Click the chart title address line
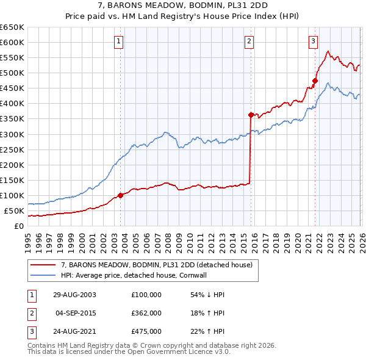pyautogui.click(x=182, y=6)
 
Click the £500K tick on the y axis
pyautogui.click(x=12, y=73)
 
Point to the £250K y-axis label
pyautogui.click(x=12, y=149)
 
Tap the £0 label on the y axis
pyautogui.click(x=19, y=226)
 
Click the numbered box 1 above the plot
pyautogui.click(x=118, y=41)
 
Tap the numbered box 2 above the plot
pyautogui.click(x=249, y=41)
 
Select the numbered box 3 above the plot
pyautogui.click(x=313, y=41)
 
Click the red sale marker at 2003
pyautogui.click(x=120, y=195)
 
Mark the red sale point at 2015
pyautogui.click(x=250, y=115)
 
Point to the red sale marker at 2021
pyautogui.click(x=315, y=80)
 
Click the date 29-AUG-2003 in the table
pyautogui.click(x=74, y=294)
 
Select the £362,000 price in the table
pyautogui.click(x=146, y=313)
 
